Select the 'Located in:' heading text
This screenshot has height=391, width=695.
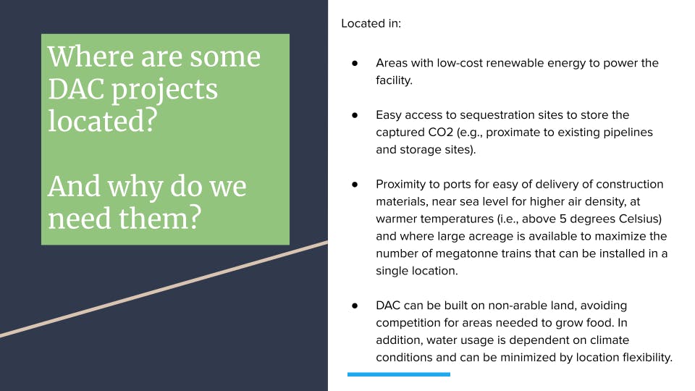(x=371, y=24)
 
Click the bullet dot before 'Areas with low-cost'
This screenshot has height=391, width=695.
(x=355, y=63)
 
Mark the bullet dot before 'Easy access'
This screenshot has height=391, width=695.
(x=355, y=115)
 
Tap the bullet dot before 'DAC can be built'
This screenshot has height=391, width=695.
(x=355, y=306)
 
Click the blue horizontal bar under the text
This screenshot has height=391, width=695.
(x=399, y=374)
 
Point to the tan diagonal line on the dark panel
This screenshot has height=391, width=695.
(x=164, y=290)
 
